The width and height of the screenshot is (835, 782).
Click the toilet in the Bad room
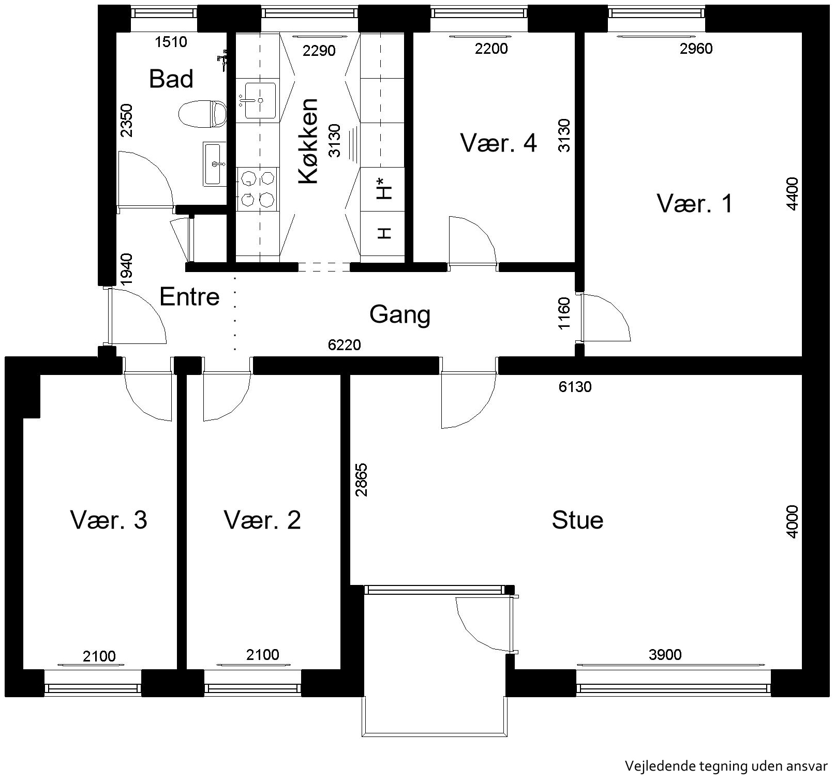202,114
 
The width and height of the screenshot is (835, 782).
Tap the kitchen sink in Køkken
260,100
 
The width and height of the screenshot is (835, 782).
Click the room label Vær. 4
499,143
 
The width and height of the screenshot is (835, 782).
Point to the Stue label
577,520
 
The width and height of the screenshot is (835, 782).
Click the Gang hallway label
399,314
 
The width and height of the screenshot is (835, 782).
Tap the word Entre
189,297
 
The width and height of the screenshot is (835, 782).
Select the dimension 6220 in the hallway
345,344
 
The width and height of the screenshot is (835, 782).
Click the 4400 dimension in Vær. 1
793,193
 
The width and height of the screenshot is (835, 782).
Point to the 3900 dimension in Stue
665,655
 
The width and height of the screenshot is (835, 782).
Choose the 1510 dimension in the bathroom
171,41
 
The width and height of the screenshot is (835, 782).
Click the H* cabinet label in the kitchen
383,188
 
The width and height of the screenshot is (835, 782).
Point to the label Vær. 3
109,520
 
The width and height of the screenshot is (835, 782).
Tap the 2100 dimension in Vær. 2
263,655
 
